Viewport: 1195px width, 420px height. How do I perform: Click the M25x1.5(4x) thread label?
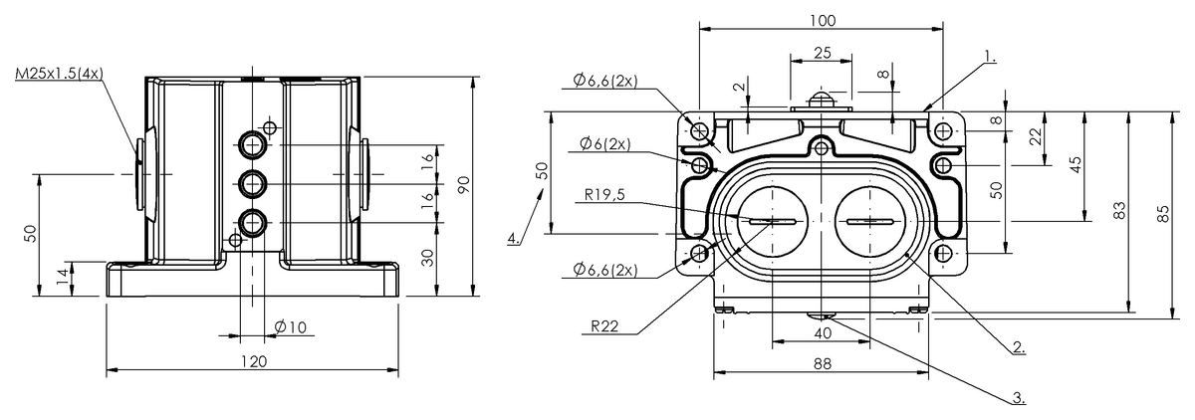pos(60,74)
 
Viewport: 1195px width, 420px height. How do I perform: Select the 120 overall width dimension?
pos(253,361)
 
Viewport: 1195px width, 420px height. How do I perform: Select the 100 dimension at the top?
pos(823,20)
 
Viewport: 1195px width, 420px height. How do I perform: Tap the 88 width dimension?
pos(822,364)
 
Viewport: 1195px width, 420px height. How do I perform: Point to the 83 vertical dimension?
pos(1119,210)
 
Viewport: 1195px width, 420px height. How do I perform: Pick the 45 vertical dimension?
pos(1075,165)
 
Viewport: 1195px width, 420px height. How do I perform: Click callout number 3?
pos(1018,397)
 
